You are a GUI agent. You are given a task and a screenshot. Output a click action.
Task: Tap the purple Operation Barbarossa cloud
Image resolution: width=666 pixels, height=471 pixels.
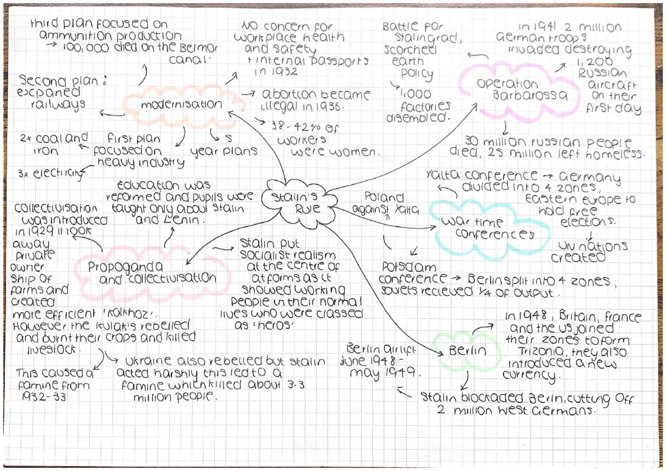coord(522,89)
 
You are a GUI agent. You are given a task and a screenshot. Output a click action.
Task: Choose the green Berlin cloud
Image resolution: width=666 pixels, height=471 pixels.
coord(467,350)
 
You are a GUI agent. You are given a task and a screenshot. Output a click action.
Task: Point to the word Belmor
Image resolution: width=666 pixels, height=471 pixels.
coord(198,47)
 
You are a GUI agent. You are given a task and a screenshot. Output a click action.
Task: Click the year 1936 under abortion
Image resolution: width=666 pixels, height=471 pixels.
coord(327,106)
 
